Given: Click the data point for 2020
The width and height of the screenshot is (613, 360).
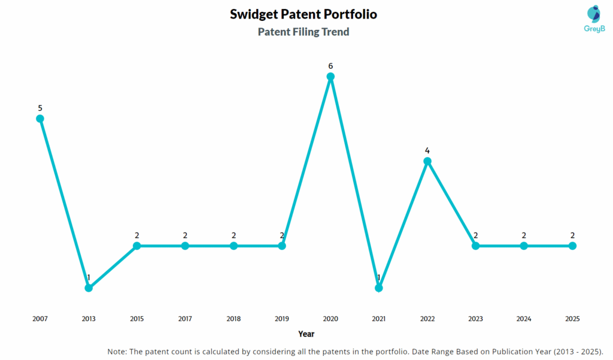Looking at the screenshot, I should point(330,77).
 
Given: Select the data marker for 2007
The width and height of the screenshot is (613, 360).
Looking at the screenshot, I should point(40,119).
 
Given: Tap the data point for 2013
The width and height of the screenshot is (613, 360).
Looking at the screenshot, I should point(89,288).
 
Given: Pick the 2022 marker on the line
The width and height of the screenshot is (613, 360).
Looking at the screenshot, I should point(427,161).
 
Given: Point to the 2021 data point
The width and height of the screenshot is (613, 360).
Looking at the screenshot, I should point(378,288).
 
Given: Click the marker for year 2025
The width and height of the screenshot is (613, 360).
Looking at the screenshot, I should point(572,246).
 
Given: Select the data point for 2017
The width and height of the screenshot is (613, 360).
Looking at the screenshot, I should point(185,246).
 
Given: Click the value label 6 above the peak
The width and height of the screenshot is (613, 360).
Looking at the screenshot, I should point(330,65).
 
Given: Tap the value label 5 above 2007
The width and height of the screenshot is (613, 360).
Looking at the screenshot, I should point(40,108).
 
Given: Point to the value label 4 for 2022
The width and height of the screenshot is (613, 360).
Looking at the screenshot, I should point(427,150).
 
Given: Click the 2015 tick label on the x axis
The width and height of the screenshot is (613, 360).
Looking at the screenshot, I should point(137,319).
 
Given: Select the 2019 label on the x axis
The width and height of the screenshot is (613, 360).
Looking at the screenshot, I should point(282,319).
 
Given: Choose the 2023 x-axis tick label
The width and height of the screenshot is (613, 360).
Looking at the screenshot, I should point(475,319).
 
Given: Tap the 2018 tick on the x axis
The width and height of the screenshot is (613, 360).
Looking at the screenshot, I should point(233,319).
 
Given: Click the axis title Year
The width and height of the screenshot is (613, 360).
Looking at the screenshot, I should point(306,334).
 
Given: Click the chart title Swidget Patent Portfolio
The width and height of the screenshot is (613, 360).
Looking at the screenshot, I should point(304,14).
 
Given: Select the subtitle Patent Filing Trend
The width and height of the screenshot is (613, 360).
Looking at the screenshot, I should point(304,32).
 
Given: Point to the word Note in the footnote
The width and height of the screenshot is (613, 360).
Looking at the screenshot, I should point(117,351).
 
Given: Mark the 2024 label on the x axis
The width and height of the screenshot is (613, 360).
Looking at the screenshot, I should point(524,319).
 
